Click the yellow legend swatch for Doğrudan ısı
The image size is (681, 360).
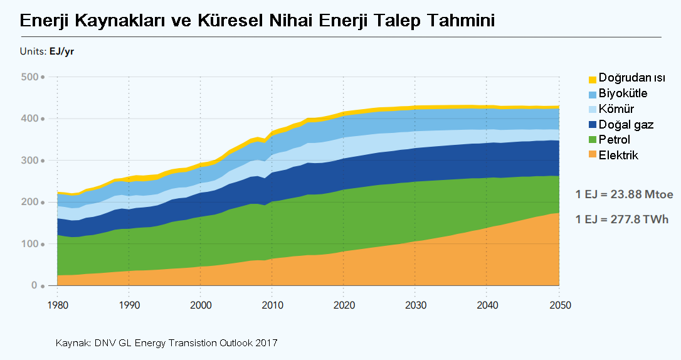point(592,80)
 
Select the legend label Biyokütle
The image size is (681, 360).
point(623,93)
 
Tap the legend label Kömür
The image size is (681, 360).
point(617,109)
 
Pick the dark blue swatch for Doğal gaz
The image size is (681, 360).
point(592,125)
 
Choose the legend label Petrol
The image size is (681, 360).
point(615,140)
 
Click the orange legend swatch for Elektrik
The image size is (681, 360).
point(592,155)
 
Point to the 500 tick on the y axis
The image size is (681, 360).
point(29,77)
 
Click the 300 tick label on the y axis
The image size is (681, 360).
point(29,161)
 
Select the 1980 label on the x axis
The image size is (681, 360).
point(57,305)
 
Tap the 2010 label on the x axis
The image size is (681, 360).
point(272,305)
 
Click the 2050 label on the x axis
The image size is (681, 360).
point(559,305)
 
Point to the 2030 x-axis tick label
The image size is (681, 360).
point(415,305)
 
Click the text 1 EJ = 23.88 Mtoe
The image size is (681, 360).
point(624,195)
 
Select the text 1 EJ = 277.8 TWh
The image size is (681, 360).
point(621,220)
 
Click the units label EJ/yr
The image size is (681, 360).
point(61,51)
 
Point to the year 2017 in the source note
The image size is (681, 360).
point(267,343)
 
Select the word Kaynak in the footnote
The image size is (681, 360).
point(73,343)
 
